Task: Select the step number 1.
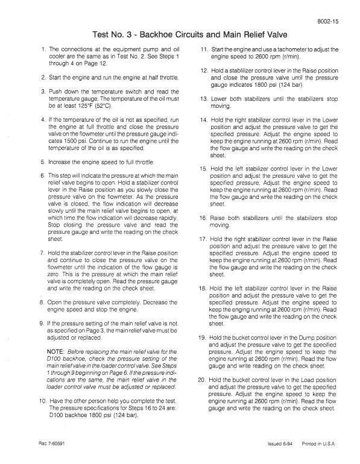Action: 43,49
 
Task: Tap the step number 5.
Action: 43,162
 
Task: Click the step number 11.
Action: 204,49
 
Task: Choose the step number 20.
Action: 204,379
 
